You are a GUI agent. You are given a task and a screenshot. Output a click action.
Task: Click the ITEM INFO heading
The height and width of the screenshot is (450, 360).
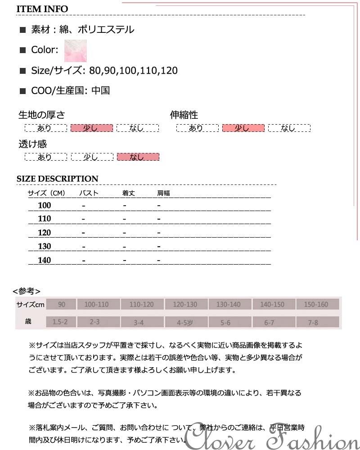pyautogui.click(x=42, y=9)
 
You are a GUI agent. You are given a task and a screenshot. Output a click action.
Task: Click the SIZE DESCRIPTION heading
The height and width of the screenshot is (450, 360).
pyautogui.click(x=57, y=179)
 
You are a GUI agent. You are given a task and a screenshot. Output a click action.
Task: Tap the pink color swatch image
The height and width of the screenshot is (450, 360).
pyautogui.click(x=76, y=50)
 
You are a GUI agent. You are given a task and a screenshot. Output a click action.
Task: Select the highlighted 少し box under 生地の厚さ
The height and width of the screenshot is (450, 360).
pyautogui.click(x=91, y=128)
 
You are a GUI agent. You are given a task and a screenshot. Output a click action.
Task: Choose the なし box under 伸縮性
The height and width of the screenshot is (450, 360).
pyautogui.click(x=289, y=128)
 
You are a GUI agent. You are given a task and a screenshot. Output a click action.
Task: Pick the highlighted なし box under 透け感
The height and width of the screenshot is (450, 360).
pyautogui.click(x=138, y=157)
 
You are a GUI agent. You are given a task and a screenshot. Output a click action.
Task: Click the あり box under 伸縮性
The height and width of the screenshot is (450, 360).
pyautogui.click(x=197, y=128)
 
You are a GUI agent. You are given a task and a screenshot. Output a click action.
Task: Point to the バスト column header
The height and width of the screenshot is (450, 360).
pyautogui.click(x=89, y=193)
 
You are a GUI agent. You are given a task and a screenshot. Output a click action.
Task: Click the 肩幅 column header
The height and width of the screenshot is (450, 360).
pyautogui.click(x=163, y=193)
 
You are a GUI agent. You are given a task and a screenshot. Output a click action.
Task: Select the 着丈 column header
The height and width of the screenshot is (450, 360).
pyautogui.click(x=129, y=193)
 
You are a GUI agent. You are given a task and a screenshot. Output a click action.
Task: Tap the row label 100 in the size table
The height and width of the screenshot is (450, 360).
pyautogui.click(x=45, y=206)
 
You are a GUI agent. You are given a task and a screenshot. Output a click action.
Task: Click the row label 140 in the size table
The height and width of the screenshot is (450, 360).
pyautogui.click(x=45, y=260)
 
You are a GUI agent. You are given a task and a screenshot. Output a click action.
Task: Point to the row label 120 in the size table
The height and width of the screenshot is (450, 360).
pyautogui.click(x=45, y=233)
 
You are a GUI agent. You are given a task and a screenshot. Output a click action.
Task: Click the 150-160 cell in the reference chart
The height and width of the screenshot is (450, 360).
pyautogui.click(x=316, y=305)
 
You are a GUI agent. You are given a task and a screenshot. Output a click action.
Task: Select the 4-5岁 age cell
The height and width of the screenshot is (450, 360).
pyautogui.click(x=185, y=322)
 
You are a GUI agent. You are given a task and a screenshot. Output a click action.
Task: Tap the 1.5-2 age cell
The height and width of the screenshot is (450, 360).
pyautogui.click(x=60, y=322)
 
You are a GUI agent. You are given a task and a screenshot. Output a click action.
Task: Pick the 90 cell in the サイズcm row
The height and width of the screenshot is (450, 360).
pyautogui.click(x=61, y=305)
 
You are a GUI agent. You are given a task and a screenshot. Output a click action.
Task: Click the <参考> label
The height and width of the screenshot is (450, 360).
pyautogui.click(x=27, y=291)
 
